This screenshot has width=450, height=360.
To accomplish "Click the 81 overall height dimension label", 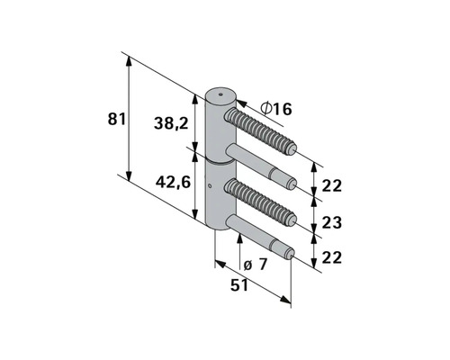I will point(116,119).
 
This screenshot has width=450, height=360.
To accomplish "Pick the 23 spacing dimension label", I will point(332,221).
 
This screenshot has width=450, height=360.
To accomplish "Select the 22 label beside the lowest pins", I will point(332,258).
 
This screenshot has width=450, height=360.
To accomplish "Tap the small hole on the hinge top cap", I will point(217,93).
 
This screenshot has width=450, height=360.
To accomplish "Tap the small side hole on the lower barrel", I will point(209,187).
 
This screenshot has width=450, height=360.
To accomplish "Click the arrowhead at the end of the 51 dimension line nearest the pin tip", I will point(289,302).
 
